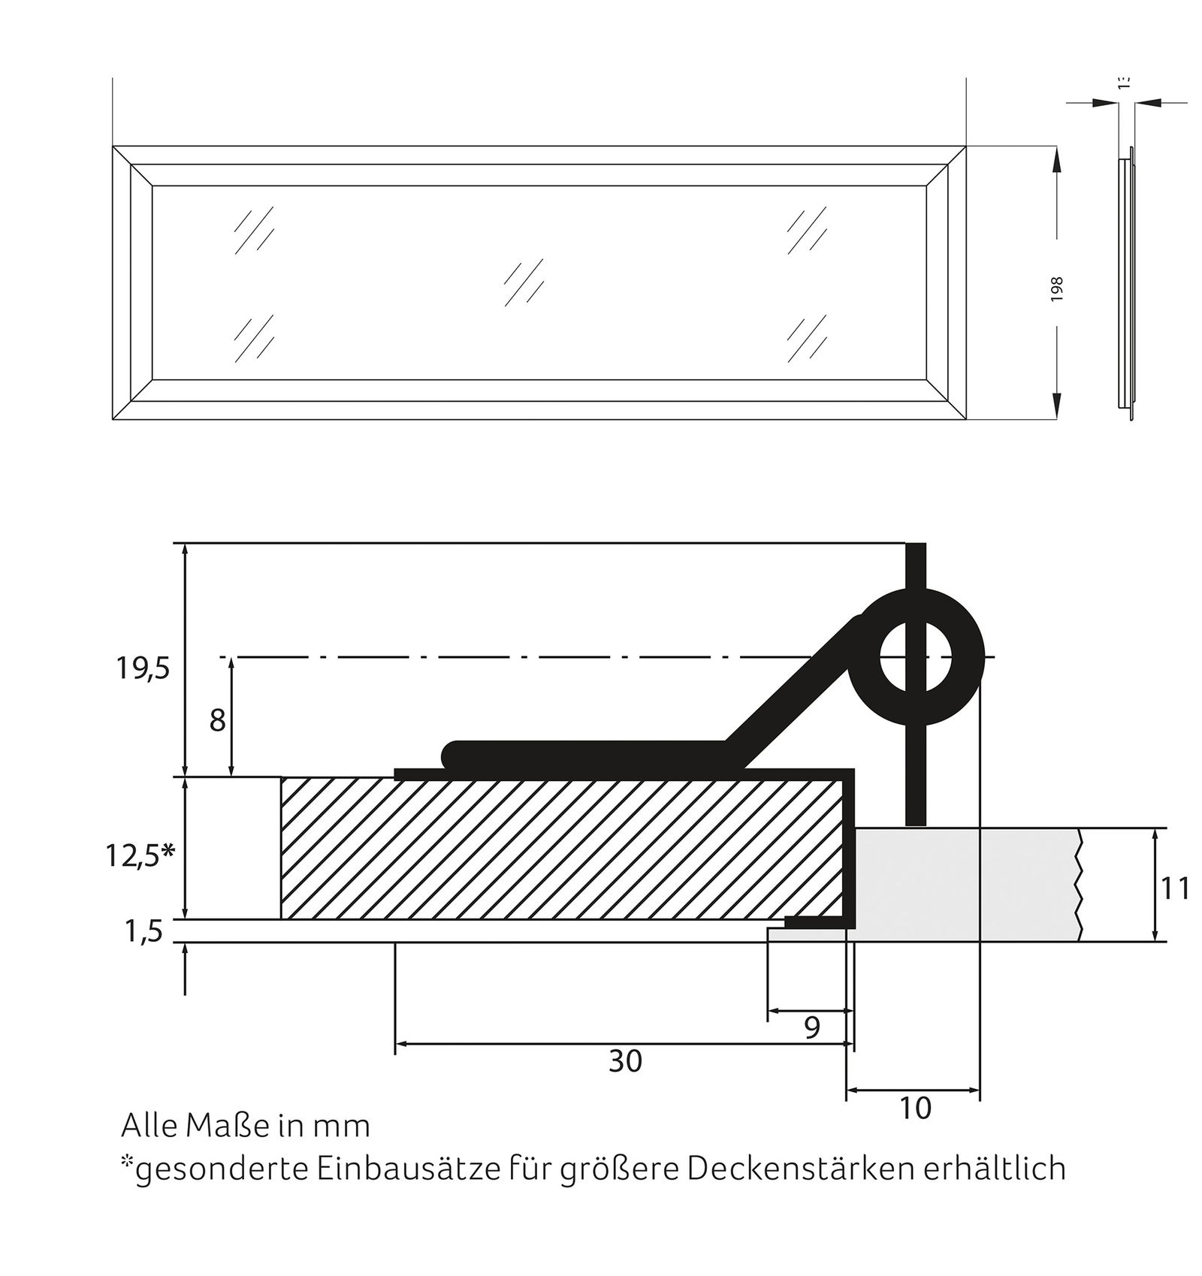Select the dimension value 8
coord(217,721)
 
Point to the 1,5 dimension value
coord(144,932)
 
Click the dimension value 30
coord(625,1061)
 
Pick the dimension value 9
coord(811,1027)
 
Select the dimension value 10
coord(914,1108)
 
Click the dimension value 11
coord(1176,889)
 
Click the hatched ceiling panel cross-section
coord(563,849)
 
